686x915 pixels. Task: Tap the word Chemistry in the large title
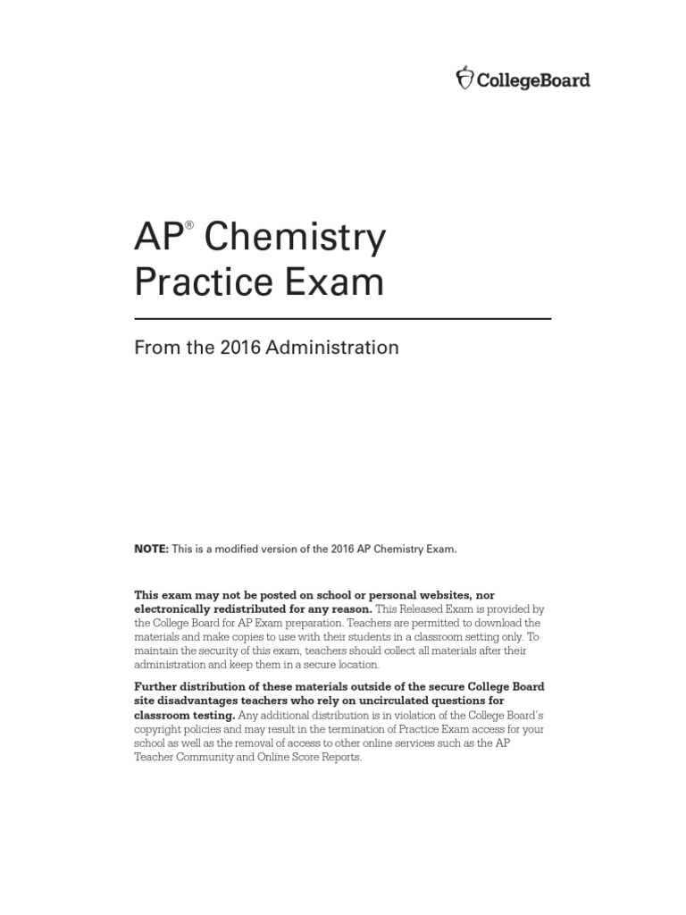(296, 239)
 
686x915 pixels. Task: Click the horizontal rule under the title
(342, 318)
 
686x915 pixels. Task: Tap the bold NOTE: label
(151, 549)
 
